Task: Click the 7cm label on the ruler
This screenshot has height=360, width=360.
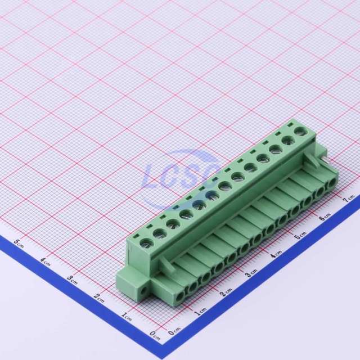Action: click(x=349, y=199)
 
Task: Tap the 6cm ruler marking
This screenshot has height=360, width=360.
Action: click(x=325, y=216)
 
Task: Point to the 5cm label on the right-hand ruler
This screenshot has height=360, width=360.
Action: click(x=300, y=235)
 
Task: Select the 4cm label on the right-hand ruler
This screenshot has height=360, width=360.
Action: click(x=276, y=254)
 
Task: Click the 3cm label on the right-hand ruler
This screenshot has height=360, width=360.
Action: click(x=251, y=273)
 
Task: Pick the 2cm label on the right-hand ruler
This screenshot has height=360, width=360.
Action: click(x=226, y=292)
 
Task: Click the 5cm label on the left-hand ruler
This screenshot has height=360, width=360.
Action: click(x=19, y=243)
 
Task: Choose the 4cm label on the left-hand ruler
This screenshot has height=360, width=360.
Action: click(x=45, y=262)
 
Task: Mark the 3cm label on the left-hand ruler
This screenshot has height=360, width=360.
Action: click(x=72, y=280)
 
